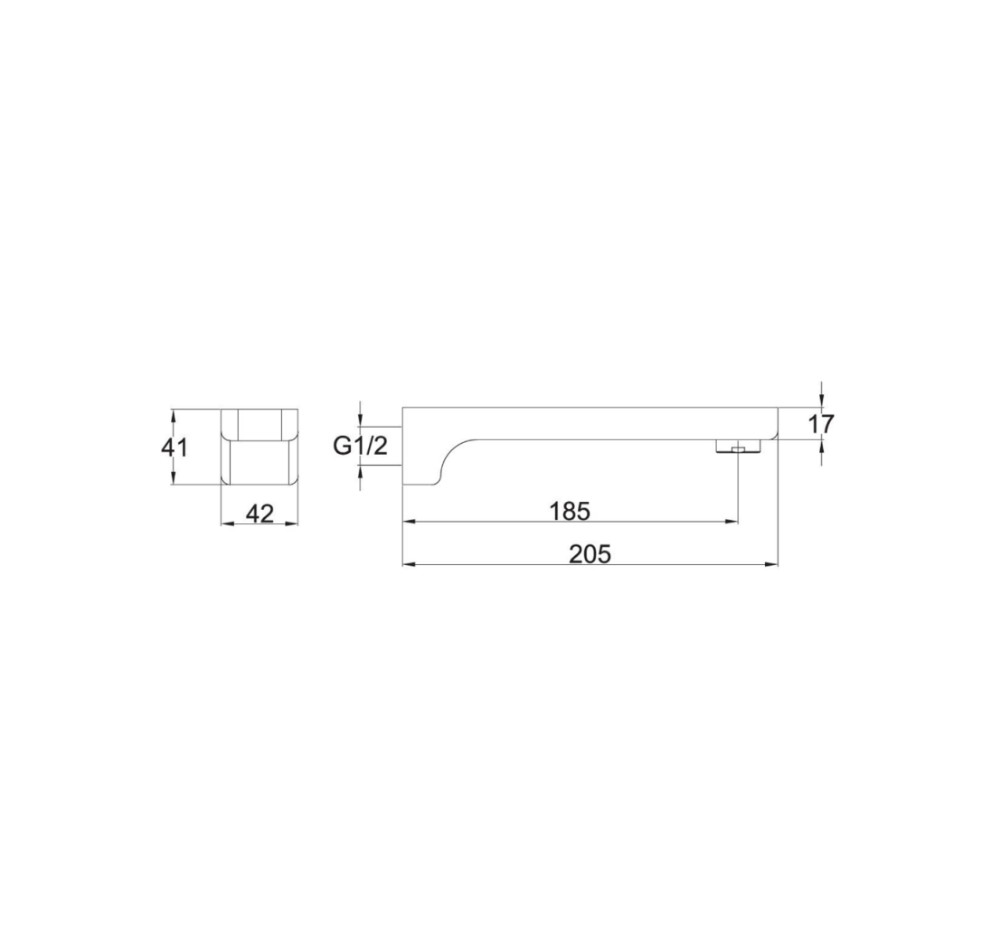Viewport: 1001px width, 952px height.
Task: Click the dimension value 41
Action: point(174,448)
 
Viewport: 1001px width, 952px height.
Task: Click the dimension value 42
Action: point(260,513)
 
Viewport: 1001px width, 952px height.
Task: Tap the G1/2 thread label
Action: point(360,446)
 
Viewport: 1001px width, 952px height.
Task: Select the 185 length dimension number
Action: point(570,511)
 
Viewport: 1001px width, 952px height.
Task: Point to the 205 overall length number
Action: point(590,554)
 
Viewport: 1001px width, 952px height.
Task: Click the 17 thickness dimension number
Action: point(821,424)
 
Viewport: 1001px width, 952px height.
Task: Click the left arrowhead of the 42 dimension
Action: point(227,523)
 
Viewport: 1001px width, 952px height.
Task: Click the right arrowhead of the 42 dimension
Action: point(292,523)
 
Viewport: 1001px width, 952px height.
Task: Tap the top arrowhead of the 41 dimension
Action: point(173,416)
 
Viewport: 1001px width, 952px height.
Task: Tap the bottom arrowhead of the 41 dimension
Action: point(173,478)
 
